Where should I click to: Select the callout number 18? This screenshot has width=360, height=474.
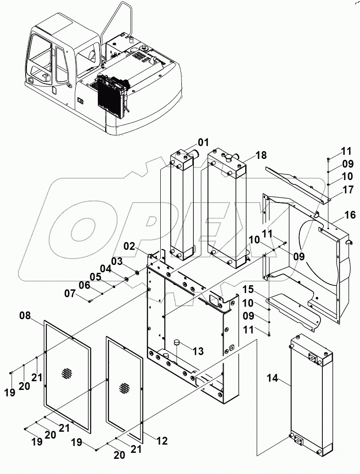click(261, 156)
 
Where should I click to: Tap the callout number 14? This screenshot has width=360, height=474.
click(273, 378)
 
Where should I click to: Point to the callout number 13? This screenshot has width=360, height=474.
click(198, 351)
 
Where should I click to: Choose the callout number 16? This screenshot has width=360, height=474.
click(350, 214)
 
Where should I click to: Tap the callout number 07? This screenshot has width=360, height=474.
click(70, 293)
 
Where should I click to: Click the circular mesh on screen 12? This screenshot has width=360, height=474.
click(124, 387)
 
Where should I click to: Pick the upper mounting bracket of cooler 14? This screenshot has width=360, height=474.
click(312, 356)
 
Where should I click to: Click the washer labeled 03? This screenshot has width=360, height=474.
click(136, 274)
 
